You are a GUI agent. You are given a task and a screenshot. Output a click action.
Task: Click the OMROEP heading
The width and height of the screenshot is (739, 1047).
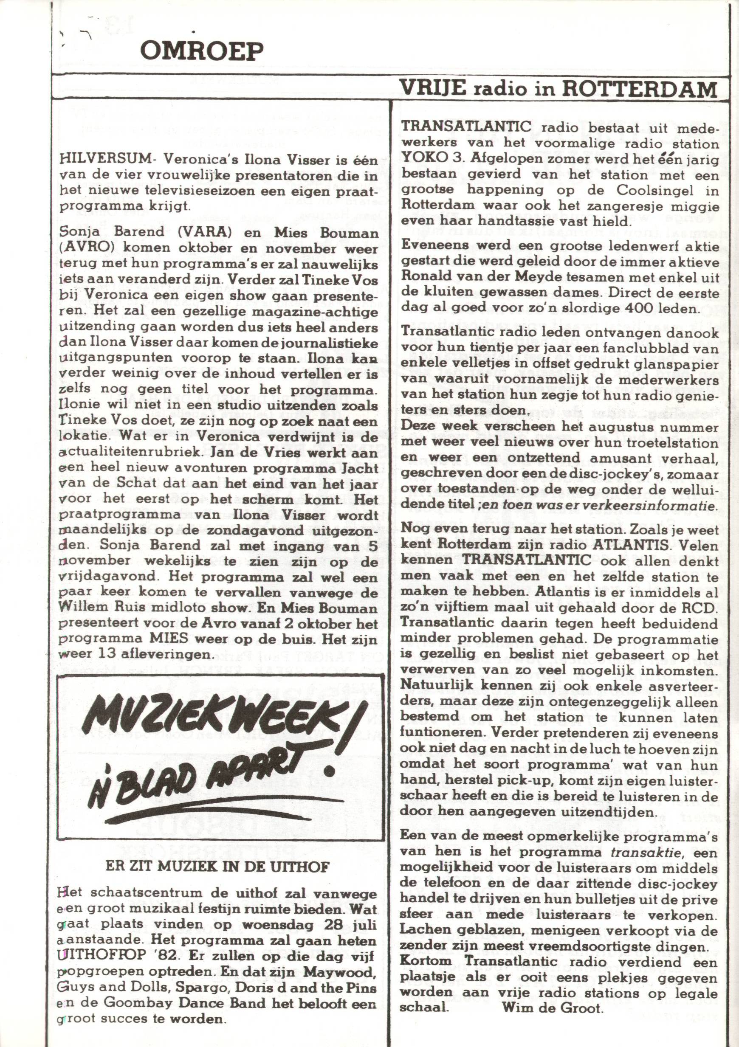202,51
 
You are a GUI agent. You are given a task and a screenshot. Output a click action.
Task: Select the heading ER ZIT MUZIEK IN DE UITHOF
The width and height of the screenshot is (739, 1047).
217,867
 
